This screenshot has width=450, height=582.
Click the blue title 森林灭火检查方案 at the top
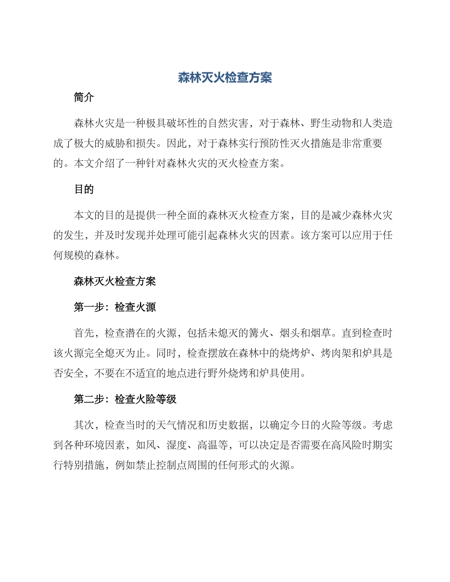point(225,78)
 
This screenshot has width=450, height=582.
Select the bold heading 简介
point(84,97)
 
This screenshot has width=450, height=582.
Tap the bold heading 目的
point(84,189)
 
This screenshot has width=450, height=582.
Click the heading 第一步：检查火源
point(115,307)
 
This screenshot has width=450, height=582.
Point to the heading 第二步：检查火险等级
point(125,399)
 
